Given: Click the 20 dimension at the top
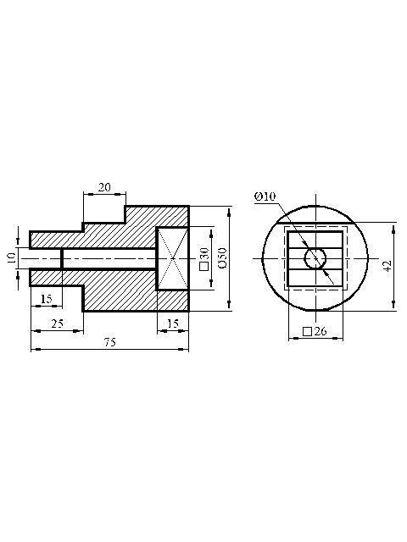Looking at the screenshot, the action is (x=104, y=187).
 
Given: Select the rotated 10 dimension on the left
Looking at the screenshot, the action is (x=11, y=257).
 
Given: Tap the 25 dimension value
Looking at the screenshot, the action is (x=58, y=324).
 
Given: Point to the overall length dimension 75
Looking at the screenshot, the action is (x=110, y=342).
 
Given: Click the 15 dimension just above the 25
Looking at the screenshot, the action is (x=46, y=299).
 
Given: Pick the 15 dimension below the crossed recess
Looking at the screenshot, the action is (x=173, y=324).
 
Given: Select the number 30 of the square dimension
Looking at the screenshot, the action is (x=204, y=254).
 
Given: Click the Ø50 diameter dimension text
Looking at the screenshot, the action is (x=222, y=257).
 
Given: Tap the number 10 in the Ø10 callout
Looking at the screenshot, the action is (x=270, y=196).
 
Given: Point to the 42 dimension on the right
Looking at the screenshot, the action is (x=387, y=265).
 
